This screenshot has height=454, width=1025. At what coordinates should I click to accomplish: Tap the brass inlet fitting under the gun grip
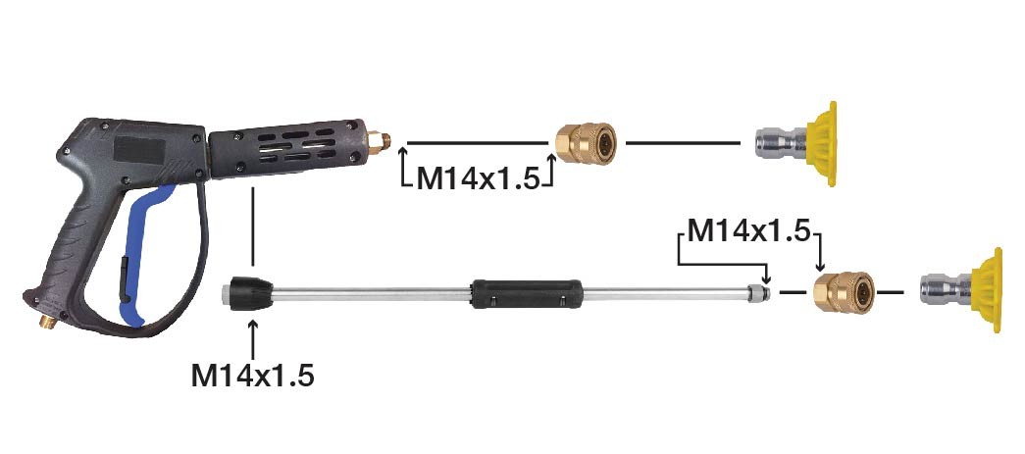pos(48,322)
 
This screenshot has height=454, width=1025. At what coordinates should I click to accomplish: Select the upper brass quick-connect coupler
pos(585,143)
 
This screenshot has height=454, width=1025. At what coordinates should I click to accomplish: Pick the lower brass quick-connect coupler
pos(844,292)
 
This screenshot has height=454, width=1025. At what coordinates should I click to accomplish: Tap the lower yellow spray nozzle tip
pos(987,290)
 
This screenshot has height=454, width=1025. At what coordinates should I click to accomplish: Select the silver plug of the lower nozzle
pos(946,290)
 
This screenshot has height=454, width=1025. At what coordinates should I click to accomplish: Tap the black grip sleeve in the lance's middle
pos(526,293)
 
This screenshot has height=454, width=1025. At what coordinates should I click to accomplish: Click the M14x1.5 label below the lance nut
pos(252,376)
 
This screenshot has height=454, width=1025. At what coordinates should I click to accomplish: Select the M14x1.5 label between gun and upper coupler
pos(479,177)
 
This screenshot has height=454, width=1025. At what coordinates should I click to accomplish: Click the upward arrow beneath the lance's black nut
pos(252,337)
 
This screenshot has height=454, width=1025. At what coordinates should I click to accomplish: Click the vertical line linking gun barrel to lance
pos(252,228)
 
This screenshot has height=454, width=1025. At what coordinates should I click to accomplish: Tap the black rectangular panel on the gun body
pos(138,150)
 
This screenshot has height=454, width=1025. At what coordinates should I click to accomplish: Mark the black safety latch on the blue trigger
pos(124,280)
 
